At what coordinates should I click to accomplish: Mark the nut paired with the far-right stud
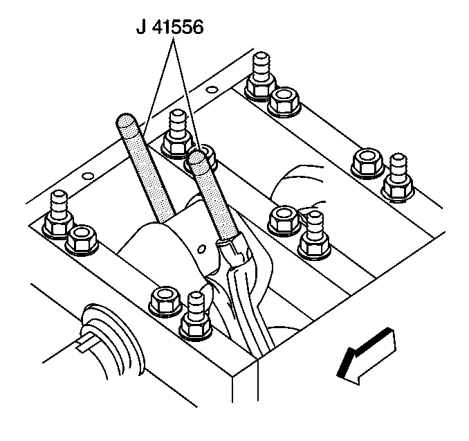click(x=365, y=163)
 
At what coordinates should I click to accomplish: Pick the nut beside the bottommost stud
click(x=164, y=298)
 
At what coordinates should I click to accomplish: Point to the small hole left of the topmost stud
click(x=212, y=89)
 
